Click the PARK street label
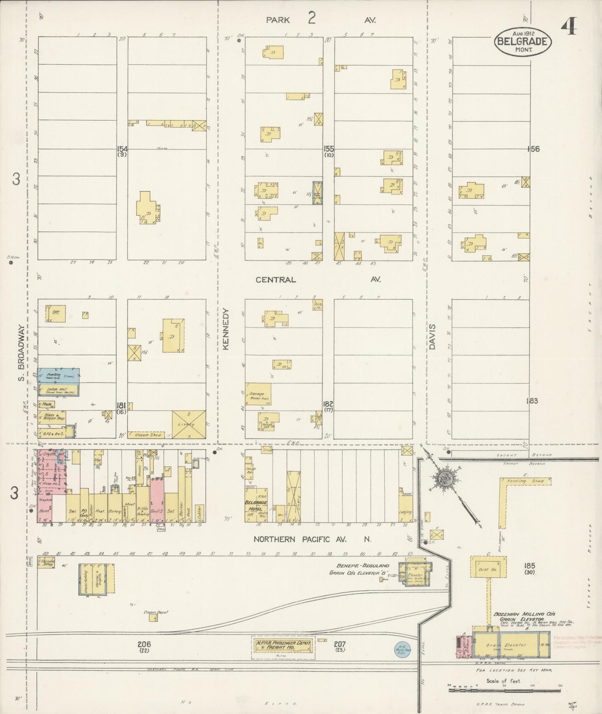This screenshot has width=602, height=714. point(278,20)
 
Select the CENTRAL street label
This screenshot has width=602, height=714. point(275,280)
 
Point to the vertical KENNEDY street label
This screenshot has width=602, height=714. point(226,329)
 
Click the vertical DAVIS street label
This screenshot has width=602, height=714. point(432,337)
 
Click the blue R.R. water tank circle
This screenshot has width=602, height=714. point(402,649)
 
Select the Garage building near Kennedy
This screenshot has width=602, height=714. point(258,394)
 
